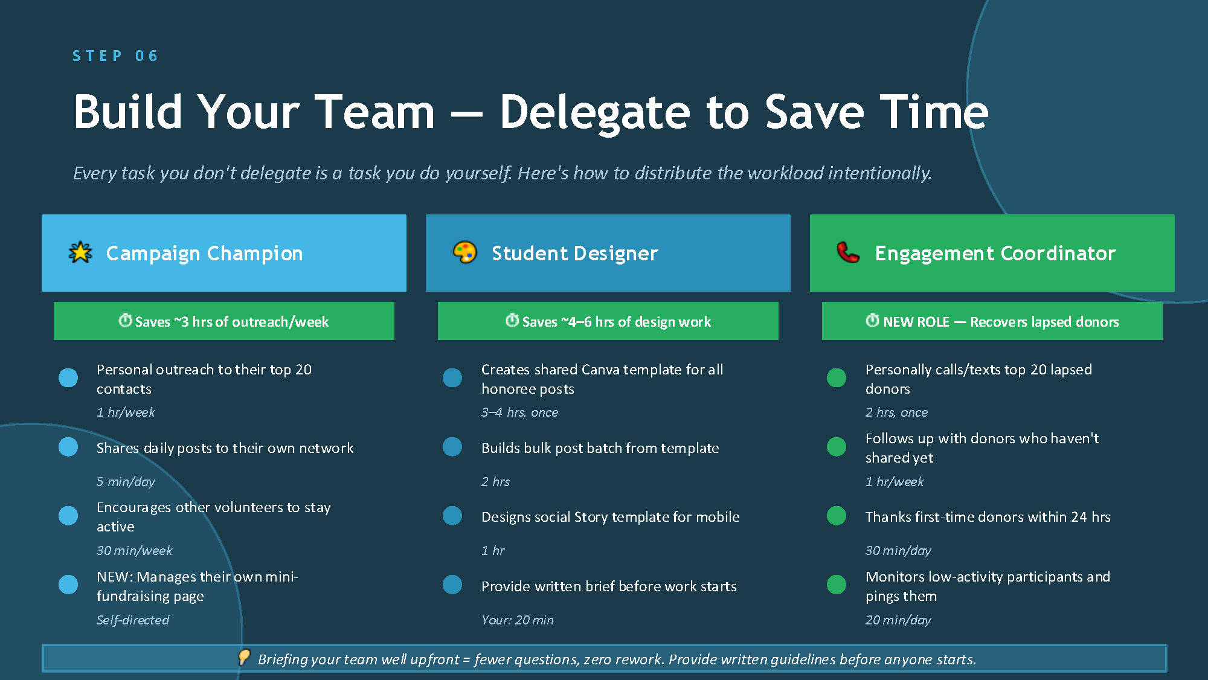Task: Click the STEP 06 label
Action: (115, 56)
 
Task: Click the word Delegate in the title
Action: (594, 112)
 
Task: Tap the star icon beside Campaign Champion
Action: (80, 252)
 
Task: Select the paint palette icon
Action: (464, 252)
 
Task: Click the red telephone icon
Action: (848, 252)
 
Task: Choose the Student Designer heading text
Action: (574, 254)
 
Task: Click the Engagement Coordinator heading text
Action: (995, 254)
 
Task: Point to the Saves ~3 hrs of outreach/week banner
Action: (224, 321)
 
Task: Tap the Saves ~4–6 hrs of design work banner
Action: (608, 321)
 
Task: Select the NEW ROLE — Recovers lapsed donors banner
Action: (992, 321)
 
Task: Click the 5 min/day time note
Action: (126, 482)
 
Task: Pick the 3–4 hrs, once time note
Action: (519, 412)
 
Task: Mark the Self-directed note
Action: (133, 620)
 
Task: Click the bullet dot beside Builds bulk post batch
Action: (452, 447)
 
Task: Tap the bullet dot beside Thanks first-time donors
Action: (837, 516)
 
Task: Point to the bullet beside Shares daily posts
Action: (68, 447)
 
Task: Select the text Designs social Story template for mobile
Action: (610, 517)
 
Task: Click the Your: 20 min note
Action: (517, 620)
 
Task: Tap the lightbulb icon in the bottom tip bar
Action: (244, 657)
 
